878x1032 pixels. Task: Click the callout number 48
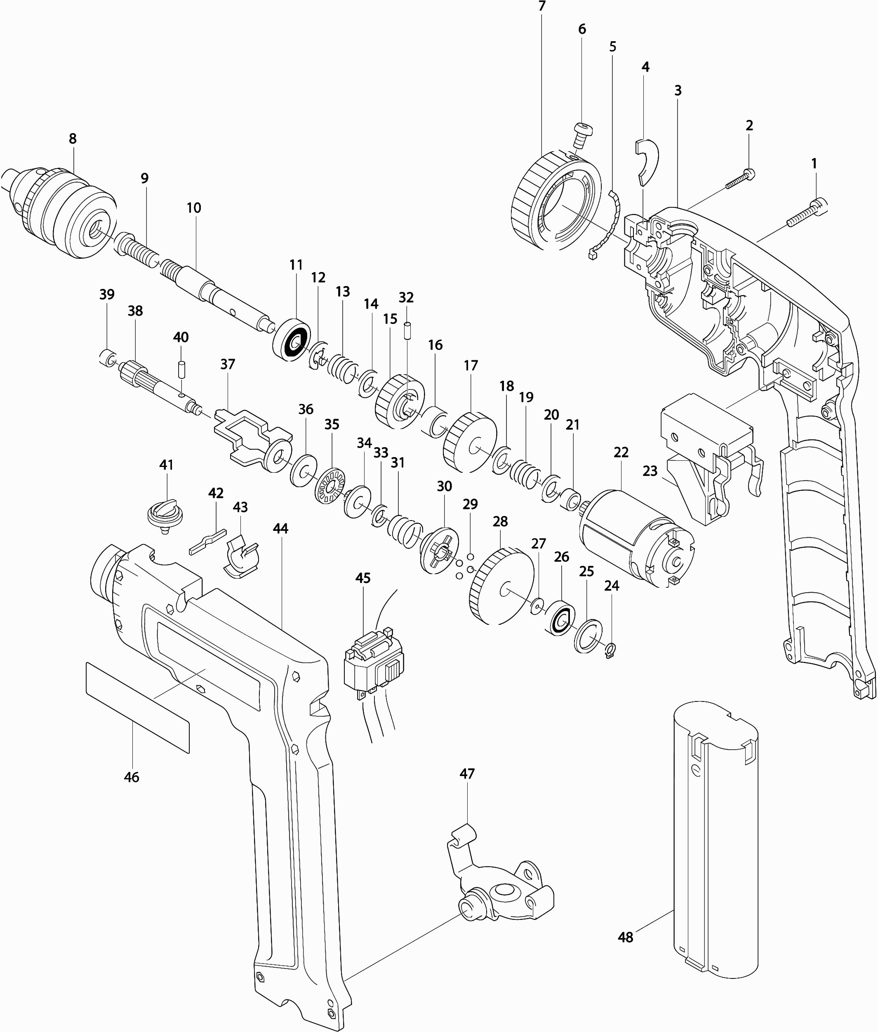coord(625,937)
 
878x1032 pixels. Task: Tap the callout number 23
coord(650,471)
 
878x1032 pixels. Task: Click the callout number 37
coord(228,364)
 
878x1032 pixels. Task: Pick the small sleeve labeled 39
coord(108,357)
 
